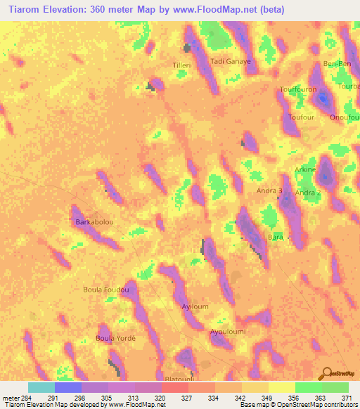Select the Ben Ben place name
click(336, 64)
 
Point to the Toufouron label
click(298, 90)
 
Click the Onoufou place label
click(345, 117)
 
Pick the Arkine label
click(305, 170)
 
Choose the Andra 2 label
click(308, 192)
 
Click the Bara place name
click(275, 238)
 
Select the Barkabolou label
click(94, 222)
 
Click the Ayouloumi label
click(227, 332)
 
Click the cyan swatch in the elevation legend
click(41, 387)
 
